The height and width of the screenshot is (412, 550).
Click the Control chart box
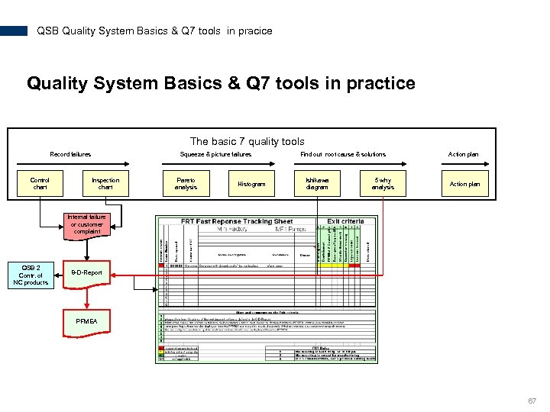pos(40,184)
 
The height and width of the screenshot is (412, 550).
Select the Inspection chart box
pos(105,184)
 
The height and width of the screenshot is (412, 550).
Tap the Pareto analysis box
pos(186,184)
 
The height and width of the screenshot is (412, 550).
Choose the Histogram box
pos(251,184)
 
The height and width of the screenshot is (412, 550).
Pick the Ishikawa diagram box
pos(317,184)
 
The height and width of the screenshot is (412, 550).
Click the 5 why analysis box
pos(383,184)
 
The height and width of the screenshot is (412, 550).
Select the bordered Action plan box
pos(464,184)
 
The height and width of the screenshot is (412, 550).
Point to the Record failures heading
pos(70,154)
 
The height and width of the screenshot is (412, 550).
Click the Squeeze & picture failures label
pos(215,154)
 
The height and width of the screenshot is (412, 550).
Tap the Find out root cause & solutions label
pos(343,154)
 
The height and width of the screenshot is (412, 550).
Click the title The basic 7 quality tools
pos(247,141)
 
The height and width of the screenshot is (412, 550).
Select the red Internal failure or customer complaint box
pos(87,224)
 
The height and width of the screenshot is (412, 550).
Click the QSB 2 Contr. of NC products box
pos(31,275)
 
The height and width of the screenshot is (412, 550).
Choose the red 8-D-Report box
pos(86,272)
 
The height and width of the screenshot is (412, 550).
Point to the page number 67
pos(531,401)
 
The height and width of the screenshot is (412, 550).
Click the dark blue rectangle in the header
pos(14,31)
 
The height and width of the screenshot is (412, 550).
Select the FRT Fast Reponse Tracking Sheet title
pos(237,221)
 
